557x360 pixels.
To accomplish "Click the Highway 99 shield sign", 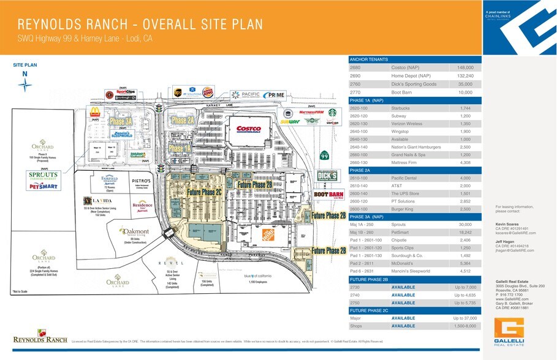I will (324, 156).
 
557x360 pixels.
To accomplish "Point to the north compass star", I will (25, 85).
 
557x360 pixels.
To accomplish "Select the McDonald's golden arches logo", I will (95, 112).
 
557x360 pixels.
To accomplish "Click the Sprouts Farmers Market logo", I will (43, 176).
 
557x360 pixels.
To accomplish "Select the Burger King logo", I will (208, 92).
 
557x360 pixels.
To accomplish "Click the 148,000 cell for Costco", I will (466, 67).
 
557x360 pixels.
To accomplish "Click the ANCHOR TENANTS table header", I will (369, 59).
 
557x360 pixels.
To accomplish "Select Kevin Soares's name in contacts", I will (508, 225).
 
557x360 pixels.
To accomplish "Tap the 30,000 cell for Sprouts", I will (466, 225).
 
